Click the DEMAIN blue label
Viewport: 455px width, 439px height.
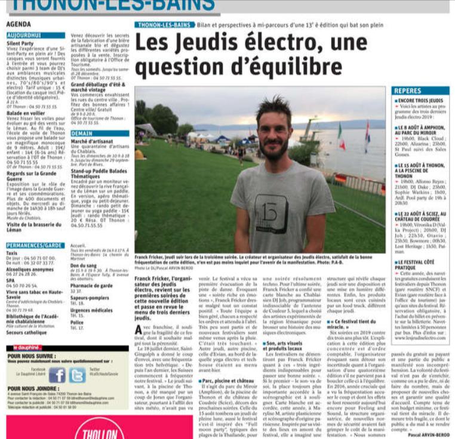click(x=81, y=134)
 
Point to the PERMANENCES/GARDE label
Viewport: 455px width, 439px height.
click(x=35, y=245)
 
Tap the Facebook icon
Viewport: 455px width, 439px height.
click(x=57, y=375)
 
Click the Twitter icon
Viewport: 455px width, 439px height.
click(x=76, y=375)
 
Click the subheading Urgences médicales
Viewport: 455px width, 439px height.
click(x=92, y=310)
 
